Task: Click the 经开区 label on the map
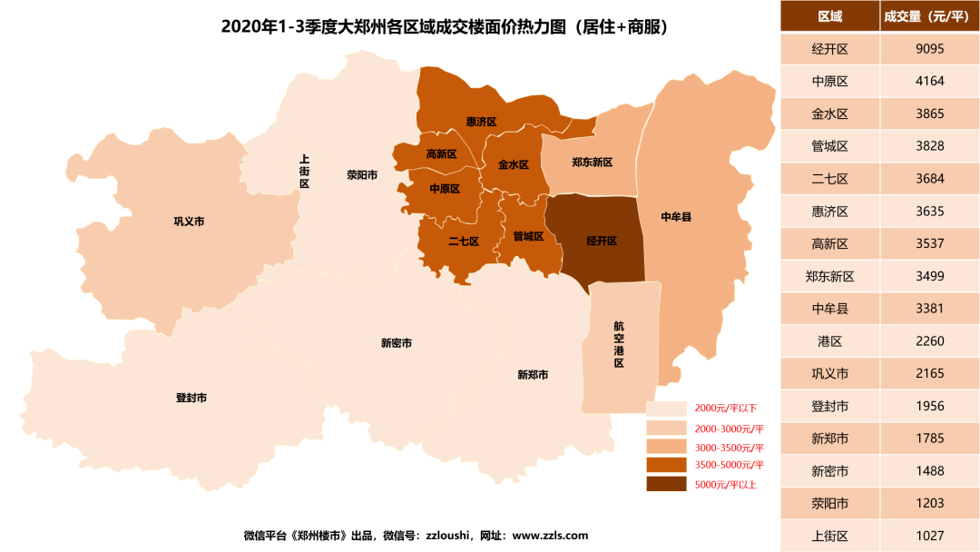point(602,241)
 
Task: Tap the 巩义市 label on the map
point(189,222)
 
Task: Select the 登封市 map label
point(191,398)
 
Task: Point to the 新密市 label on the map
point(397,343)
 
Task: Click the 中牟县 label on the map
point(676,217)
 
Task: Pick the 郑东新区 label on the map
point(593,163)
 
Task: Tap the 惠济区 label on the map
point(481,122)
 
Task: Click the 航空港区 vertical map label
point(619,344)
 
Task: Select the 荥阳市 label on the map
point(362,175)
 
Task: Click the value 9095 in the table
point(930,49)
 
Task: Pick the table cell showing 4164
point(930,81)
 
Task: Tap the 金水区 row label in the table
point(829,113)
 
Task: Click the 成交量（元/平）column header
point(930,16)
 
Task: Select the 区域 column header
point(829,16)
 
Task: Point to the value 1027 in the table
point(930,536)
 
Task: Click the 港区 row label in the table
point(829,341)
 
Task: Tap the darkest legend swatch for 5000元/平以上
point(667,484)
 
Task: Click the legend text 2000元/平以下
point(726,409)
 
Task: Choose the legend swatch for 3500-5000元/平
point(667,466)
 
